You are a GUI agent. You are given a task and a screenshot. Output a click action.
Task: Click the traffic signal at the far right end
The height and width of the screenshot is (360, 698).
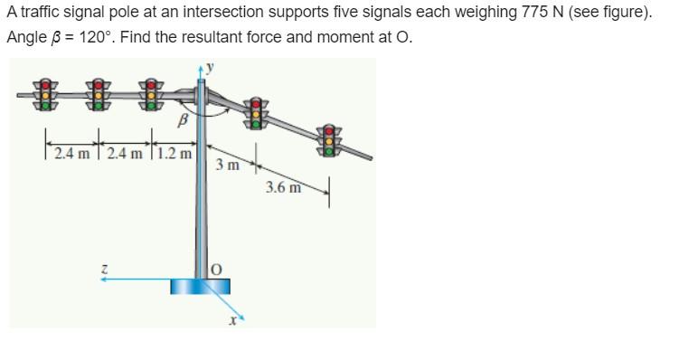pyautogui.click(x=330, y=137)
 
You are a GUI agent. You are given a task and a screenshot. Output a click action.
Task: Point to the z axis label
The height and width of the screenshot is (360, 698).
pyautogui.click(x=106, y=268)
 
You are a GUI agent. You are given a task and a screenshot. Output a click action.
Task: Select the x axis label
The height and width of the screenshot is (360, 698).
pyautogui.click(x=233, y=318)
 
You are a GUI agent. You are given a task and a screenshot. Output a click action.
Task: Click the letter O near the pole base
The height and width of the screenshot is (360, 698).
pyautogui.click(x=217, y=269)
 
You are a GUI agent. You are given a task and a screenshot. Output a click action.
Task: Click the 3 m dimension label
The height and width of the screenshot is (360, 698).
pyautogui.click(x=228, y=166)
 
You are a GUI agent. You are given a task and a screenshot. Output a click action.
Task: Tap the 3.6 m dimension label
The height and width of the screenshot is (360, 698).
pyautogui.click(x=281, y=187)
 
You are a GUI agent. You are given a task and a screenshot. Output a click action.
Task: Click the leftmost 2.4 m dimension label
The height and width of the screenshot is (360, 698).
pyautogui.click(x=71, y=152)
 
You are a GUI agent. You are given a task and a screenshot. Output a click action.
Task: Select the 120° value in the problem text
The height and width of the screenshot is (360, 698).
pyautogui.click(x=97, y=39)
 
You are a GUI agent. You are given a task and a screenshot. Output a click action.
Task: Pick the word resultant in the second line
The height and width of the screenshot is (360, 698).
pyautogui.click(x=221, y=39)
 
